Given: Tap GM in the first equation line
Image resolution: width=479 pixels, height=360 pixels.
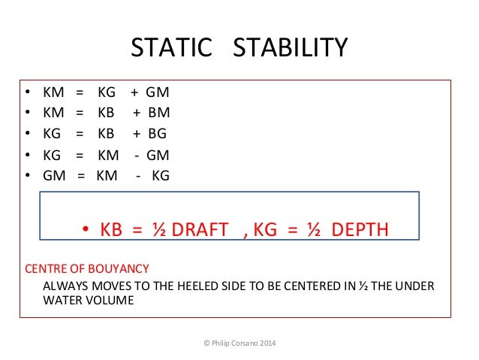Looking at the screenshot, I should (157, 93).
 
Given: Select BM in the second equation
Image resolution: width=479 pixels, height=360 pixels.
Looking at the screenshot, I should (158, 113).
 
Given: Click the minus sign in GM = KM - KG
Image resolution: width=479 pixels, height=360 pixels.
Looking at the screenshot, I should (138, 176).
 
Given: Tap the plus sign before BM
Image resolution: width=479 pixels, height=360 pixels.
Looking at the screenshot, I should (137, 113).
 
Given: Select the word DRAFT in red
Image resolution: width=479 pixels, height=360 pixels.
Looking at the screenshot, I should (199, 229).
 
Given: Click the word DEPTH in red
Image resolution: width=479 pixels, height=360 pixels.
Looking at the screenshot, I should (360, 229).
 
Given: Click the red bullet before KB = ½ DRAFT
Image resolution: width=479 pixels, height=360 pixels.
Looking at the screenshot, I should (86, 229).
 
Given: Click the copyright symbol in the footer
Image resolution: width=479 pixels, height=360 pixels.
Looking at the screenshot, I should (206, 343).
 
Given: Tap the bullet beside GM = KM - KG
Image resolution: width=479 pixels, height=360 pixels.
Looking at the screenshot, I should (27, 176).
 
